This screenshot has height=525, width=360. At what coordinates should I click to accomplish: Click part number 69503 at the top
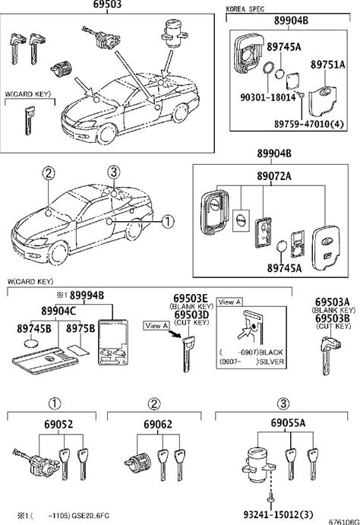(107, 5)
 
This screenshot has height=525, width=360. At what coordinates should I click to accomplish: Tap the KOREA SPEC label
(245, 9)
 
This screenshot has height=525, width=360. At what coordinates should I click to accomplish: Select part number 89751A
(327, 65)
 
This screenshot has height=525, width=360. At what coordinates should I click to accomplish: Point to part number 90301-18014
(268, 97)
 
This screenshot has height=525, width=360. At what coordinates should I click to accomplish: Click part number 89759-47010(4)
(309, 124)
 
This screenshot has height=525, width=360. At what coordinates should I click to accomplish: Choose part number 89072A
(274, 176)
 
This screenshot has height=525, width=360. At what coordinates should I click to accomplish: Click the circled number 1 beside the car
(168, 221)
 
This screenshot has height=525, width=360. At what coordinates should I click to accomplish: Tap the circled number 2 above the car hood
(49, 173)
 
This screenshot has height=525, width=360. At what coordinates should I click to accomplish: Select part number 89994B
(87, 296)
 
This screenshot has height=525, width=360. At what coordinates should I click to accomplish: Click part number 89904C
(58, 311)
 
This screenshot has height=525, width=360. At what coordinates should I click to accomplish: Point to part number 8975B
(81, 328)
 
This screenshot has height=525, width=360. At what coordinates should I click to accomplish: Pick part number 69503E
(191, 299)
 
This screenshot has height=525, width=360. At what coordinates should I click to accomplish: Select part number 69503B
(333, 318)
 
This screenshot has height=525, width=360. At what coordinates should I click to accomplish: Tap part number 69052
(58, 424)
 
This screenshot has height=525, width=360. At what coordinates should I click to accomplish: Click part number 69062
(158, 424)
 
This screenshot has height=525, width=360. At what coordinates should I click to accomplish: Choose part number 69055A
(288, 423)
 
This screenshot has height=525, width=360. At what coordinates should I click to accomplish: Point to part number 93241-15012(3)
(279, 514)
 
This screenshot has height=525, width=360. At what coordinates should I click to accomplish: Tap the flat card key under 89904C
(45, 361)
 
